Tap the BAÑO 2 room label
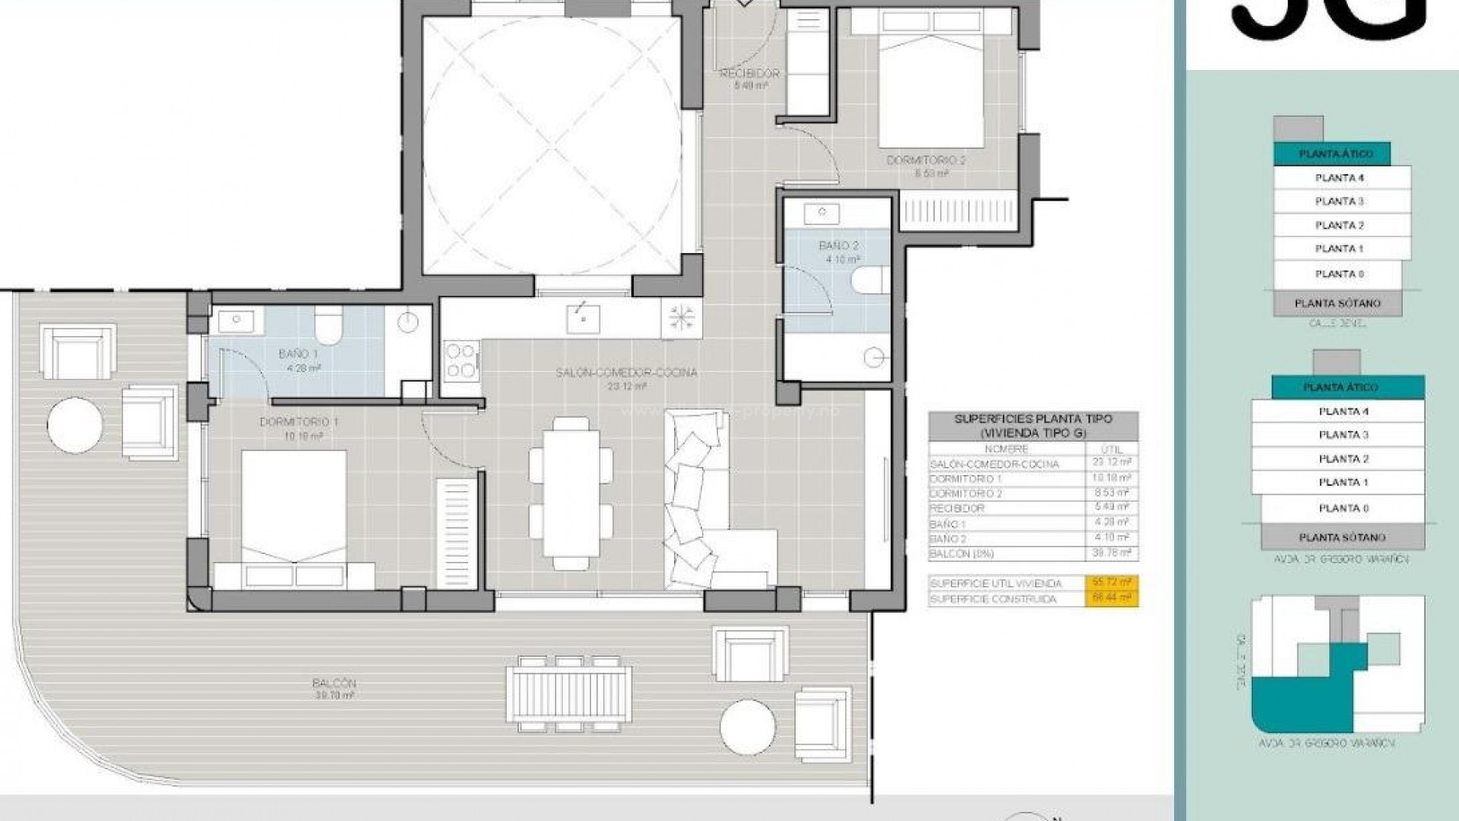[x=838, y=246]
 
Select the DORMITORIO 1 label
[x=299, y=422]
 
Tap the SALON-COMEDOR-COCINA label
[x=626, y=373]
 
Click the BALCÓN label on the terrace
[x=334, y=683]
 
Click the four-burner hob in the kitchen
[x=461, y=360]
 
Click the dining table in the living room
[x=571, y=493]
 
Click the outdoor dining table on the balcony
[x=568, y=693]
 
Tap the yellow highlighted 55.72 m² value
[x=1110, y=583]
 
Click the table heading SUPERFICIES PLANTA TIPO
[x=1033, y=419]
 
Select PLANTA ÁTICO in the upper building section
[x=1336, y=154]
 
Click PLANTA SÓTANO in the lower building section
[x=1342, y=537]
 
